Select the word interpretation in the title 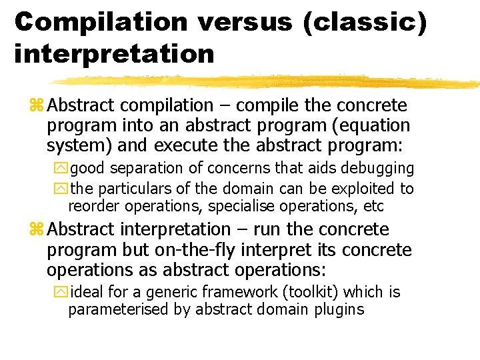(x=114, y=53)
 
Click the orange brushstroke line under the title (x=267, y=82)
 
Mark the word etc (x=373, y=207)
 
